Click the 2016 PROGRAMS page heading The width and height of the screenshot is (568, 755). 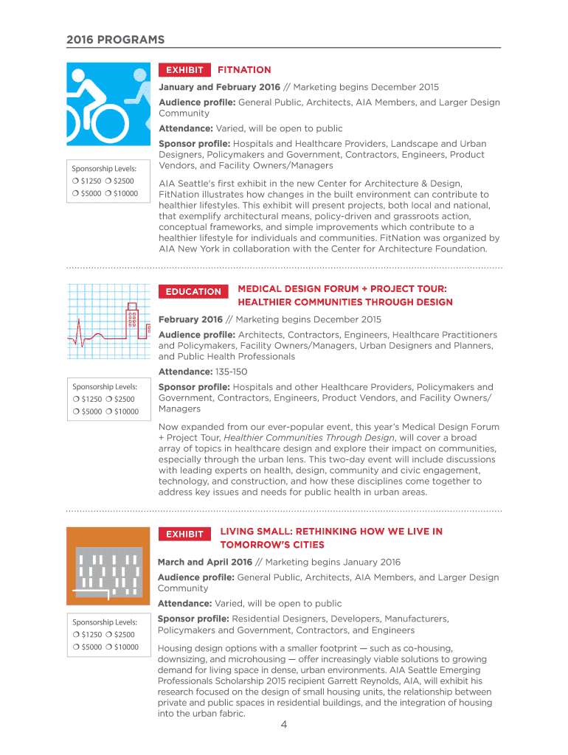[116, 39]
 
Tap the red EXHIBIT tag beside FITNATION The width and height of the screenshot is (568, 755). [184, 70]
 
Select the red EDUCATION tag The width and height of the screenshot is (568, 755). [193, 291]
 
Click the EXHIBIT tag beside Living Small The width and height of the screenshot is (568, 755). [184, 534]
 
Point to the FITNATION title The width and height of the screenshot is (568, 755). [244, 70]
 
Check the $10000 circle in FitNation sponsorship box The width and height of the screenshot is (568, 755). [108, 193]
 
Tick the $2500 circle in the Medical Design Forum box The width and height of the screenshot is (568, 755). [108, 400]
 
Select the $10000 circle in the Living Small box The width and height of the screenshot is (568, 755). [108, 647]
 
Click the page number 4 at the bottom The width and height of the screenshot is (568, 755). [283, 725]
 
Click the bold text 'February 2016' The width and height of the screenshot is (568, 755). [190, 319]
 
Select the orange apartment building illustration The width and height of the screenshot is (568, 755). [108, 566]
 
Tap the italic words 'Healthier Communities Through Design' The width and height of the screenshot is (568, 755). [309, 437]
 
